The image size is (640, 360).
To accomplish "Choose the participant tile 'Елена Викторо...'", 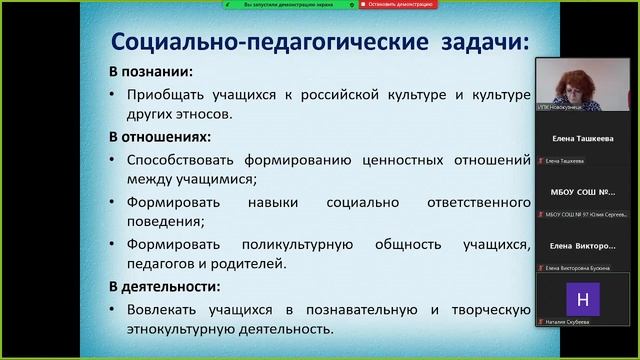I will coord(586,246).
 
